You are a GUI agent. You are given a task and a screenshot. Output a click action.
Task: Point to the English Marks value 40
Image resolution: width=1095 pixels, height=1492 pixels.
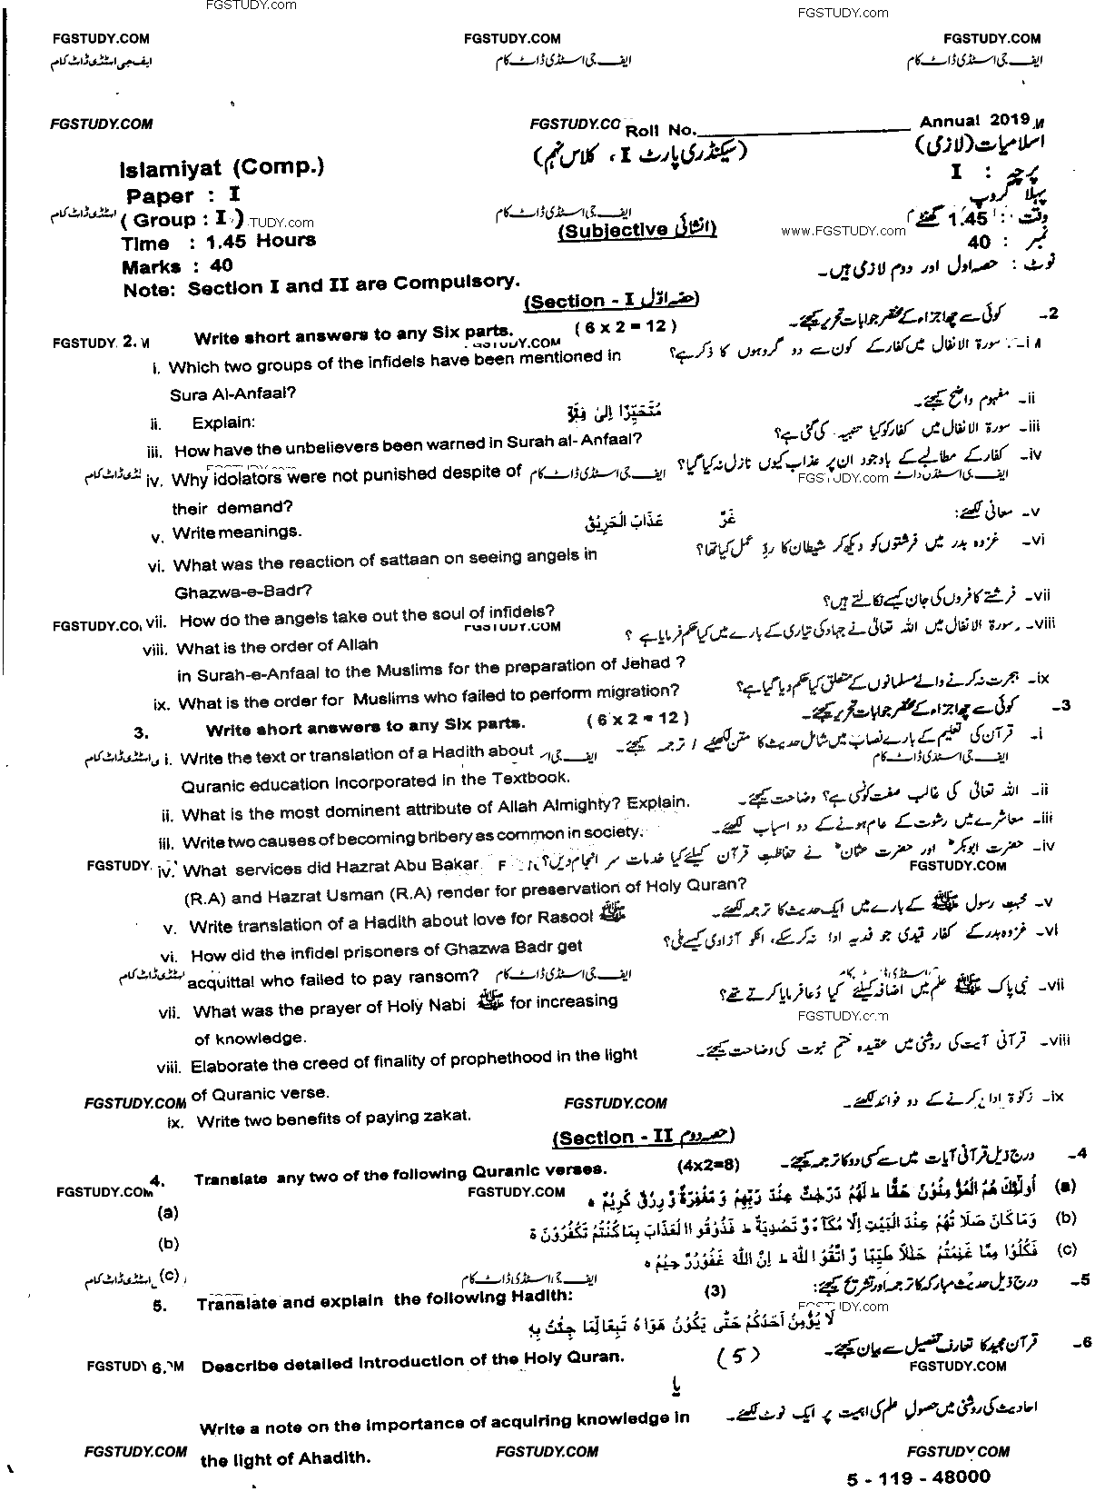coord(221,266)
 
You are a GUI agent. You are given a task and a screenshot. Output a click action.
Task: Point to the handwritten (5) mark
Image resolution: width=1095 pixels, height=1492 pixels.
coord(736,1357)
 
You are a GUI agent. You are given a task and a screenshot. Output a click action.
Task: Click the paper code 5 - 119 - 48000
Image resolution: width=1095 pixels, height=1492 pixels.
coord(927,1477)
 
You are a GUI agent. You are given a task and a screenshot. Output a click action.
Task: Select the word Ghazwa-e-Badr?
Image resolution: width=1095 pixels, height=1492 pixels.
coord(243,591)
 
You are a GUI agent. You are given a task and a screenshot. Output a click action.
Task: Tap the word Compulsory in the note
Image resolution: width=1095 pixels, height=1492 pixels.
coord(462,282)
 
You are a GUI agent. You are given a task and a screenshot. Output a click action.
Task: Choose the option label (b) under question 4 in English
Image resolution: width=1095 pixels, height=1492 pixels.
coord(168,1243)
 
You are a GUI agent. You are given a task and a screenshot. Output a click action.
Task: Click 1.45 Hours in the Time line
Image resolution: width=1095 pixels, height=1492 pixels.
coord(261,242)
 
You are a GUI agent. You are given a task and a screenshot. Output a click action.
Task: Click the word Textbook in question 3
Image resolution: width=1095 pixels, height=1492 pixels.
coord(528,778)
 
